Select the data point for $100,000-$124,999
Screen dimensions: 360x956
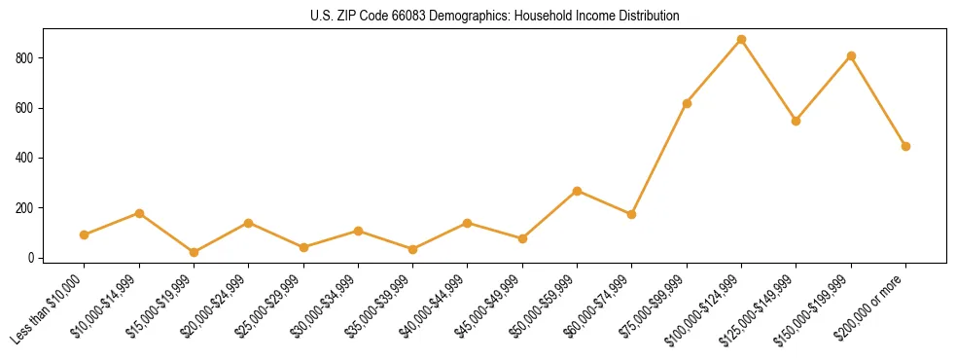741,40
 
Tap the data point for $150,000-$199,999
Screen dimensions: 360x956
851,56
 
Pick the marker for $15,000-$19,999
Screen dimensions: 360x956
194,252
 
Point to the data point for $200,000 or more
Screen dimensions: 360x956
905,146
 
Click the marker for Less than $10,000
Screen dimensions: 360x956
85,234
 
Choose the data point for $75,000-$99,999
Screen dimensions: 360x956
687,103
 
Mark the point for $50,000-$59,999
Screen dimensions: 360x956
577,191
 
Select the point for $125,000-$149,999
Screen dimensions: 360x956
796,121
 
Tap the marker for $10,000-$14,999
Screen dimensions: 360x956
139,213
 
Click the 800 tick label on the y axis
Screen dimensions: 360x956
27,58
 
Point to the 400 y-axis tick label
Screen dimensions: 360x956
27,158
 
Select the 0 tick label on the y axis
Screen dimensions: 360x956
33,258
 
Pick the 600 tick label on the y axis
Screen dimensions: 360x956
27,108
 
